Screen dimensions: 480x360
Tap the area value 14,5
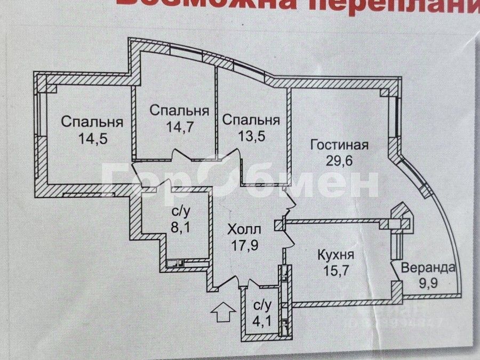(93, 139)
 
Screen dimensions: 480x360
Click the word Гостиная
(339, 145)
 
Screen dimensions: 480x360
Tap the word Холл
(244, 230)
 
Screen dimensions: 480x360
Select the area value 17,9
(244, 247)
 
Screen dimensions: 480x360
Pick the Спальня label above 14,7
(179, 110)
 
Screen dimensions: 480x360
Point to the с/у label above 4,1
(261, 306)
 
